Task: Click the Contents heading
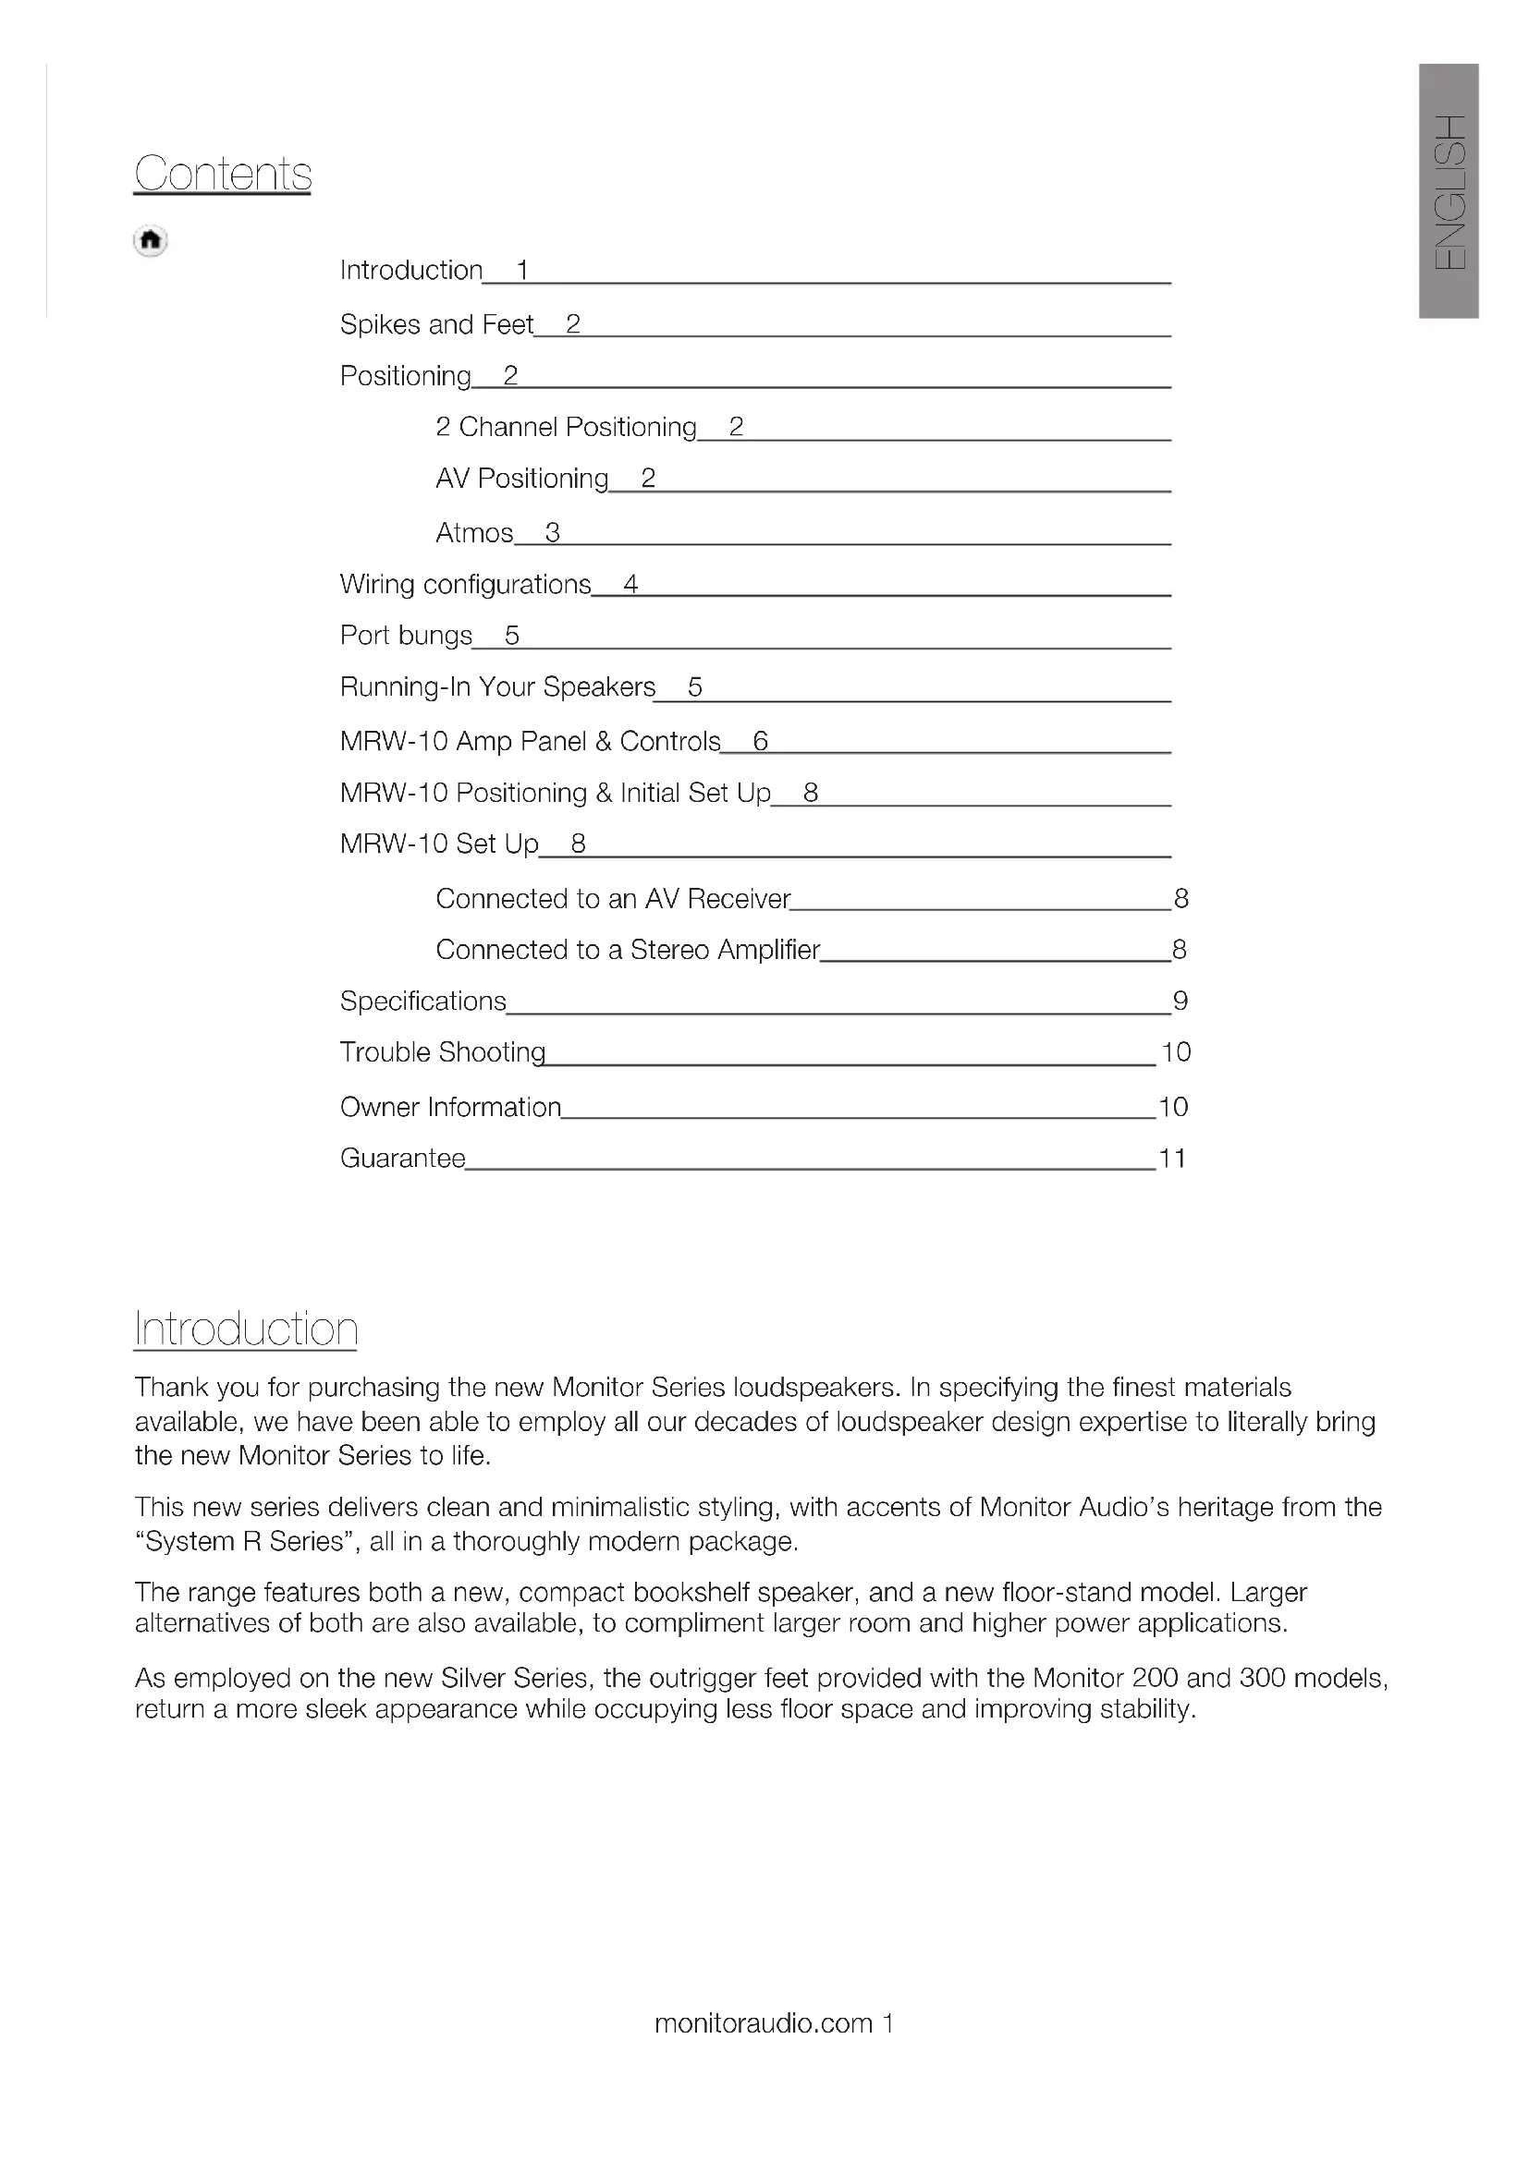(x=222, y=173)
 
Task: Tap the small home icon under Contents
(x=151, y=241)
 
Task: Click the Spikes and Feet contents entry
(x=437, y=324)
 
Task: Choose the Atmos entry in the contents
(x=474, y=533)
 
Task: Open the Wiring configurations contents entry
(x=465, y=585)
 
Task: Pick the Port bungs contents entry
(x=406, y=637)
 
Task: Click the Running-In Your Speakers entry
(x=497, y=687)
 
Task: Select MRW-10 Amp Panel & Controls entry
(x=530, y=742)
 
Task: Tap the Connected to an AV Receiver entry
(x=613, y=899)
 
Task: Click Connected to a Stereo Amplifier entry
(x=628, y=950)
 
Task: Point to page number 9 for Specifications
(x=1180, y=1001)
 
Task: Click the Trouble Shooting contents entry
(x=443, y=1052)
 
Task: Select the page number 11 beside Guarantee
(x=1171, y=1158)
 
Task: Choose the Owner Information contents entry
(x=450, y=1107)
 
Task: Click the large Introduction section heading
(x=246, y=1329)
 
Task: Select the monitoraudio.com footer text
(x=764, y=2023)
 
